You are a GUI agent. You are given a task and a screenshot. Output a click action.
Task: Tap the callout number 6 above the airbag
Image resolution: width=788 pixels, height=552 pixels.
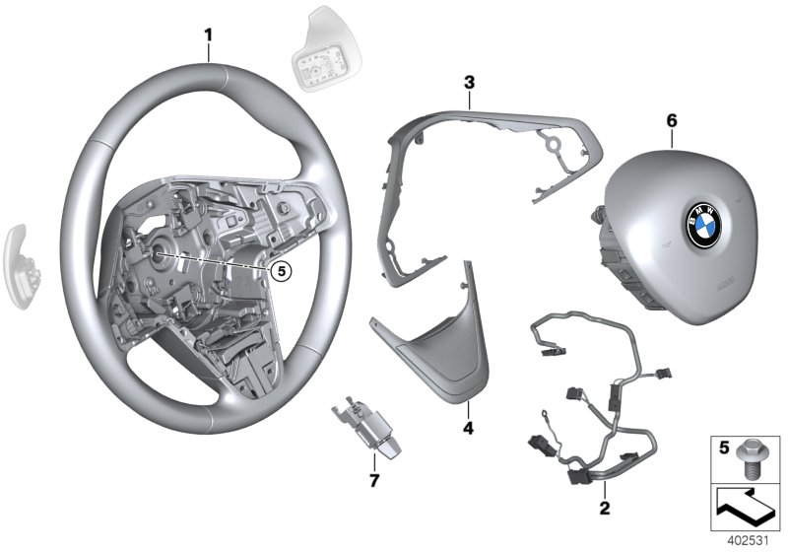coord(673,119)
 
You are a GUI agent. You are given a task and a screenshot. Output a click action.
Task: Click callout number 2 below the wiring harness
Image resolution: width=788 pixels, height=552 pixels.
coord(604,509)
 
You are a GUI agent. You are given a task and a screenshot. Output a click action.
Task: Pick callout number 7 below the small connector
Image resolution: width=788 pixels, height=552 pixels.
coord(374,479)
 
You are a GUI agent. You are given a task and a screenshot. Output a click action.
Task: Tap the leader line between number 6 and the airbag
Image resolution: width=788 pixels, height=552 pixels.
coord(673,137)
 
